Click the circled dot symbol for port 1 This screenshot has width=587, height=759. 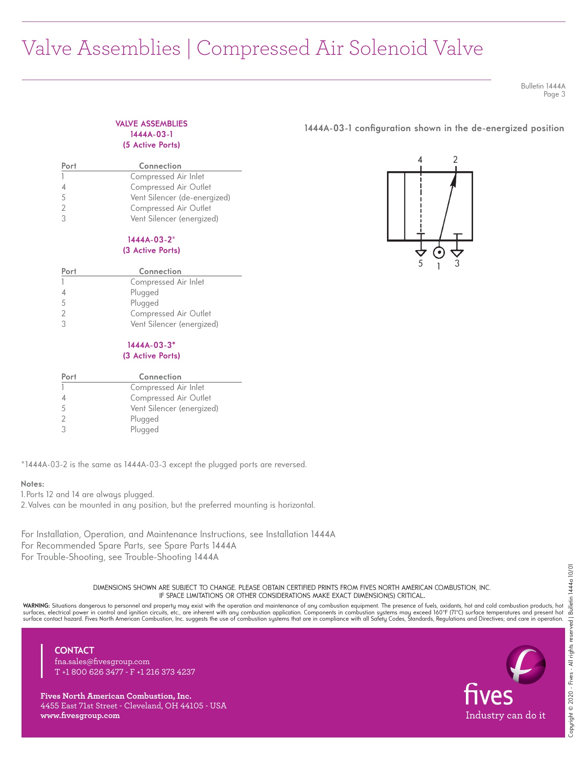point(439,253)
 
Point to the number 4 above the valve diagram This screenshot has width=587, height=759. point(420,160)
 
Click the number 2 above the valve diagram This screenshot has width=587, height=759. point(455,160)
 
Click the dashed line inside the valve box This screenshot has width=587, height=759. point(421,202)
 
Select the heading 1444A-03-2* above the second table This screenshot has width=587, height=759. point(151,240)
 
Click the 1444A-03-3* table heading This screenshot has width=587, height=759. point(151,345)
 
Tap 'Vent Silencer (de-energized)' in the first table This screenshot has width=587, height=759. point(180,198)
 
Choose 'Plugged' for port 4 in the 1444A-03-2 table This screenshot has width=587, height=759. point(144,293)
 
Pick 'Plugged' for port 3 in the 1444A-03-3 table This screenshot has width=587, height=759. point(144,430)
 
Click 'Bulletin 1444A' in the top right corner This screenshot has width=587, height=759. point(543,86)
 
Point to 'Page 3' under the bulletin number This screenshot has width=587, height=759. point(554,94)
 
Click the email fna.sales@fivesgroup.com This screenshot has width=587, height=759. point(102,661)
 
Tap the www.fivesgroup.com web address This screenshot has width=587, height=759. point(80,715)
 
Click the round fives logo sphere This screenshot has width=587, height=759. point(526,665)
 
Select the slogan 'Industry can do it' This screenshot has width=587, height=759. point(505,715)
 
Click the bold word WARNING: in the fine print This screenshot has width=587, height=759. point(36,606)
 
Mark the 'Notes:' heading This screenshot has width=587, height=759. point(32,484)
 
